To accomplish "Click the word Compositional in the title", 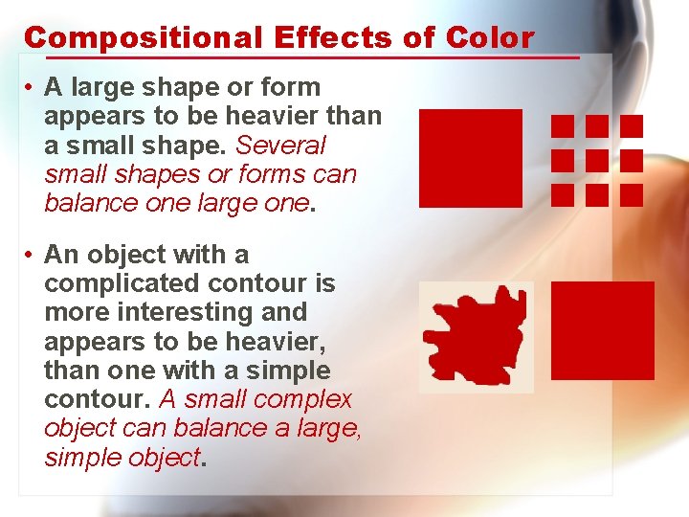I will coord(142,38).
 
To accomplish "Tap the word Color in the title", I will coord(489,38).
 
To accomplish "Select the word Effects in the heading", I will coord(332,38).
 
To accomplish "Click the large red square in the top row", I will coord(471,158).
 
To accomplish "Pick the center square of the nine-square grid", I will coord(597,160).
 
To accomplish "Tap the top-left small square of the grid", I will coord(563,125).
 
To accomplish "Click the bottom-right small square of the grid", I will coord(632,195).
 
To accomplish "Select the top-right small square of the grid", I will coord(632,125).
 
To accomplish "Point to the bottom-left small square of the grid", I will coord(563,195).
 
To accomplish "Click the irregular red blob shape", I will coord(477,336).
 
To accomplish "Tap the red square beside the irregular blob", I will coord(603,330).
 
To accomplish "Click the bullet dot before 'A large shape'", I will coord(32,88).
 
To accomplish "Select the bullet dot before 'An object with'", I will coord(32,256).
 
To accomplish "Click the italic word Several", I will coord(280,146).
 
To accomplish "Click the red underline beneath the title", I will coord(301,57).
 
